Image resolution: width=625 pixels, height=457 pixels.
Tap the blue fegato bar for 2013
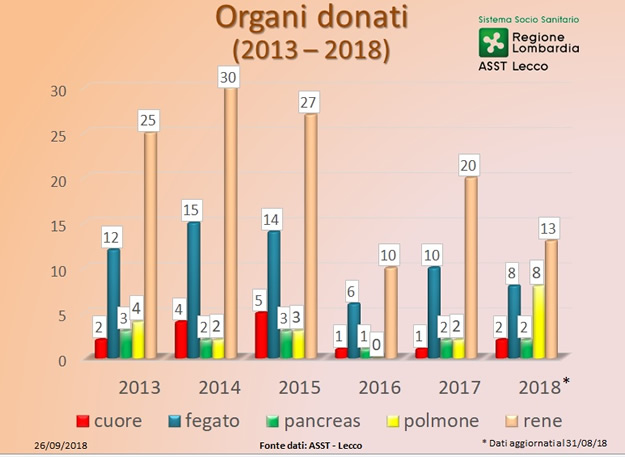coord(114,300)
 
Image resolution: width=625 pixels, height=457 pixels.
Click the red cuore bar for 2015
coord(261,335)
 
